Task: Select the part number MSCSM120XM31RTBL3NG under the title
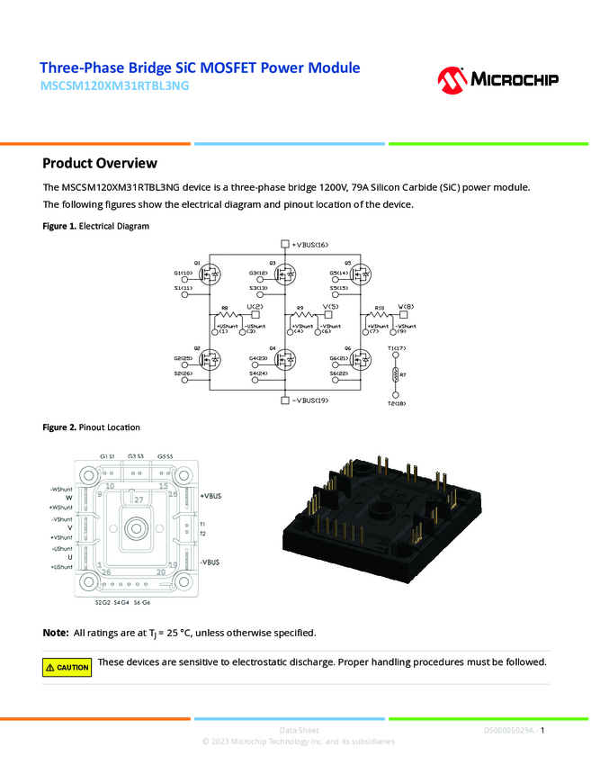(x=115, y=87)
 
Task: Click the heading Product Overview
(x=100, y=163)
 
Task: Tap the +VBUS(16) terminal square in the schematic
(x=284, y=245)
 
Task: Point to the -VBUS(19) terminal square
(x=284, y=400)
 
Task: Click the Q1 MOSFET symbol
(x=210, y=273)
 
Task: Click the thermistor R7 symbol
(x=395, y=374)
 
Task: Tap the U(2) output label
(x=255, y=307)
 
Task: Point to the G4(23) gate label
(x=258, y=359)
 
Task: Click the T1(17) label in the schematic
(x=397, y=347)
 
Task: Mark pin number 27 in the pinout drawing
(x=139, y=499)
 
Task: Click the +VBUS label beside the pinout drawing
(x=210, y=496)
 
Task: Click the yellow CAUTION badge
(x=67, y=667)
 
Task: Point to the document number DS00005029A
(x=508, y=730)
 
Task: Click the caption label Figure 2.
(x=59, y=427)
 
